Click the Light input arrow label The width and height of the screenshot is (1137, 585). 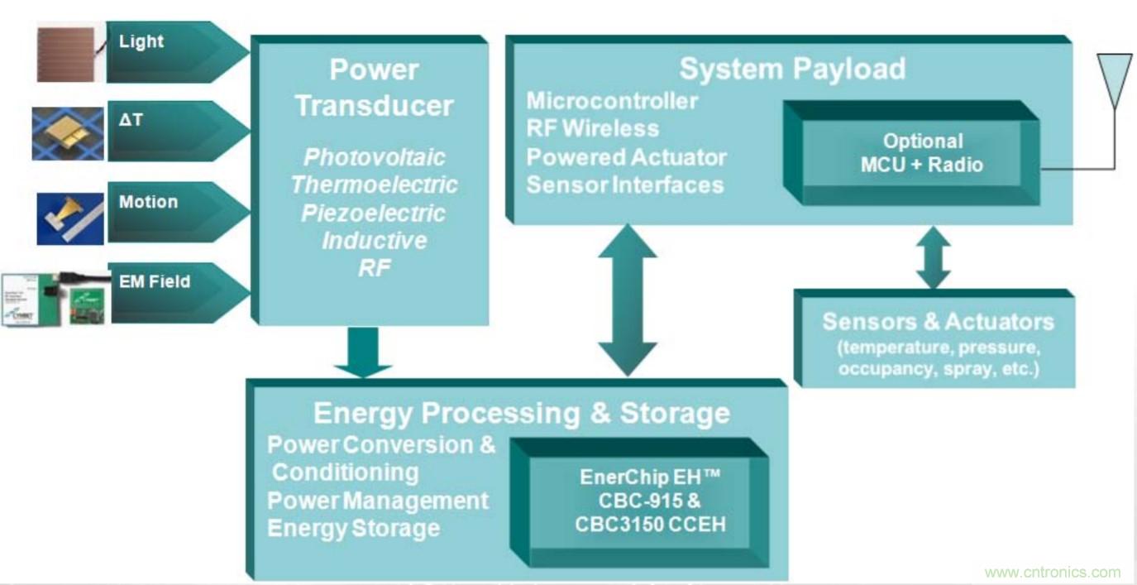tap(142, 41)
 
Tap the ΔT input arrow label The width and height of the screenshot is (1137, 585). tap(131, 121)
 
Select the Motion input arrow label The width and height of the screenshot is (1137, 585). tap(148, 202)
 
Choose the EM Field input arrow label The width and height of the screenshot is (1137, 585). tap(154, 281)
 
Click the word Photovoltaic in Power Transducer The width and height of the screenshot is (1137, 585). tap(375, 157)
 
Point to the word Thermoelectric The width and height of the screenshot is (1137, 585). tap(375, 185)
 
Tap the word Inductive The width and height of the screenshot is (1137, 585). tap(374, 241)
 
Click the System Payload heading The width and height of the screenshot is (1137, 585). tap(791, 69)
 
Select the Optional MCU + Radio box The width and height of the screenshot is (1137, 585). tap(921, 153)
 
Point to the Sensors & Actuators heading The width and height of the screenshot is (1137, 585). tap(938, 322)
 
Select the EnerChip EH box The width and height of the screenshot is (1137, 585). tap(638, 502)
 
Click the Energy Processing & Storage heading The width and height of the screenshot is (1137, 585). tap(521, 412)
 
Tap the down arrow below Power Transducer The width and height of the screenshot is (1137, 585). tap(362, 352)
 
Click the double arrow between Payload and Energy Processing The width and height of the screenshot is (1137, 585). tap(628, 301)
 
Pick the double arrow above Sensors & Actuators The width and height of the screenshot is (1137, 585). tap(933, 257)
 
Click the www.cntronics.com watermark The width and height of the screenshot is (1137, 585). tap(1053, 573)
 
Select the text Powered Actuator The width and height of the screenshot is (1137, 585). tap(627, 157)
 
